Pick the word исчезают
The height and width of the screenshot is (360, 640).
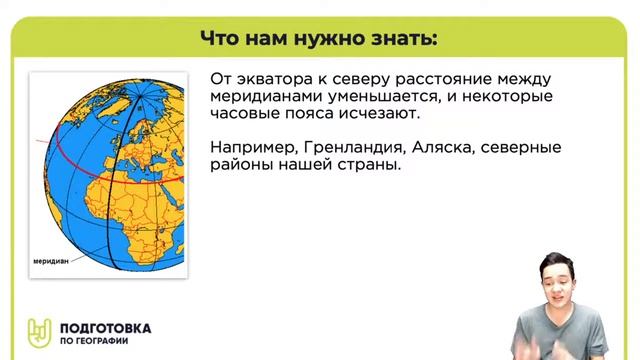click(x=370, y=116)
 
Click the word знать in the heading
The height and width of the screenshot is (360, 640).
click(x=404, y=38)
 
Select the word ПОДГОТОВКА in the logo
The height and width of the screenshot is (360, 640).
click(x=105, y=326)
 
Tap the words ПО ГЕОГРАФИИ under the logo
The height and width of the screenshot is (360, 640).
click(x=100, y=341)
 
